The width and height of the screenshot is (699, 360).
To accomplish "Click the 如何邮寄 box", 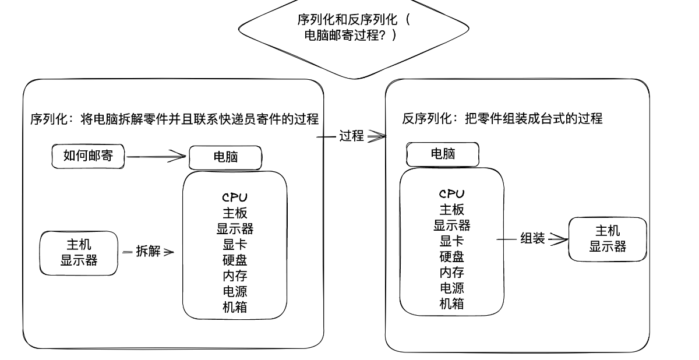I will point(87,156).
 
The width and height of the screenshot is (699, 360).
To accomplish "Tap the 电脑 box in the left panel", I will point(225,157).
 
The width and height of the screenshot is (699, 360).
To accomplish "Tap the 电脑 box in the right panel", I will point(443,154).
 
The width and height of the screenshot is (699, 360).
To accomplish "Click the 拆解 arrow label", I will point(148,252).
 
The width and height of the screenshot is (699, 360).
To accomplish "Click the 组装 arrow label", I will point(532,238).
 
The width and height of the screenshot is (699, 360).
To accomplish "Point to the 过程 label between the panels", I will point(351,136).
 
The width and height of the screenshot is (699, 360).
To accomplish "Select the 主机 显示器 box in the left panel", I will point(79,252).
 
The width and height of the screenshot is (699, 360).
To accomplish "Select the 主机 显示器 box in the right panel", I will point(608,239).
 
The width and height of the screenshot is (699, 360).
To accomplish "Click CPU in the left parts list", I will point(235,198).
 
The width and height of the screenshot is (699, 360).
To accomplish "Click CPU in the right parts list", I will point(451,194).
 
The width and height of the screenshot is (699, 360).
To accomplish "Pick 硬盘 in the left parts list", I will point(235,260).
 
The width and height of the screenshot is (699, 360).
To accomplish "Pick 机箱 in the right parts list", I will point(451,303).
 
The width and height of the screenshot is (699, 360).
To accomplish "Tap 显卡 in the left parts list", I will point(235,245).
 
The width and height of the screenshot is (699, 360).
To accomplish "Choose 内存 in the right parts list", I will point(451,272).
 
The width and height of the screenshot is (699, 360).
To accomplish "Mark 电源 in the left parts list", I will point(235,291).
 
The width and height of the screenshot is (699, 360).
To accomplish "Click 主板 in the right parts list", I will point(451,210).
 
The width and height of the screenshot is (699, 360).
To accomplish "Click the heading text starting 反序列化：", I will point(502,119).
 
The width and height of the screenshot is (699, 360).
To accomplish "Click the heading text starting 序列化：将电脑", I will point(174,119).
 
